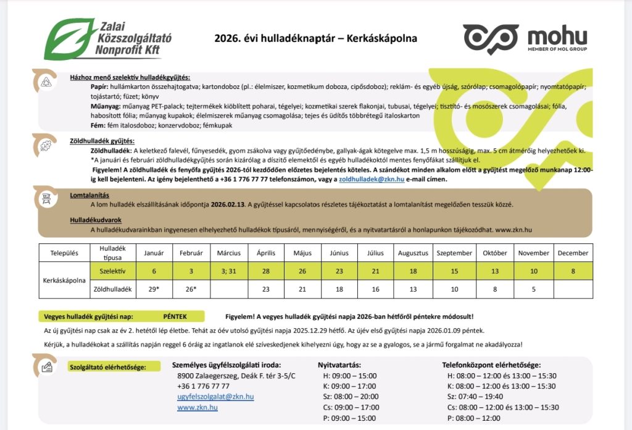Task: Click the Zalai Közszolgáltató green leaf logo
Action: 67,38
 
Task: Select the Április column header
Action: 266,253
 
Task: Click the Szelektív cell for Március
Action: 229,271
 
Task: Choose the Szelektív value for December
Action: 573,271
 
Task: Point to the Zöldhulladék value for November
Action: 533,289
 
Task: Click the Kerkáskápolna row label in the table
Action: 64,280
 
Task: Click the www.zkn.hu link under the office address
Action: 197,408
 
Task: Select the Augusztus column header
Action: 413,253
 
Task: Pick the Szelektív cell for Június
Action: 339,271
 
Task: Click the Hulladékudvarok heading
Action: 96,220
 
